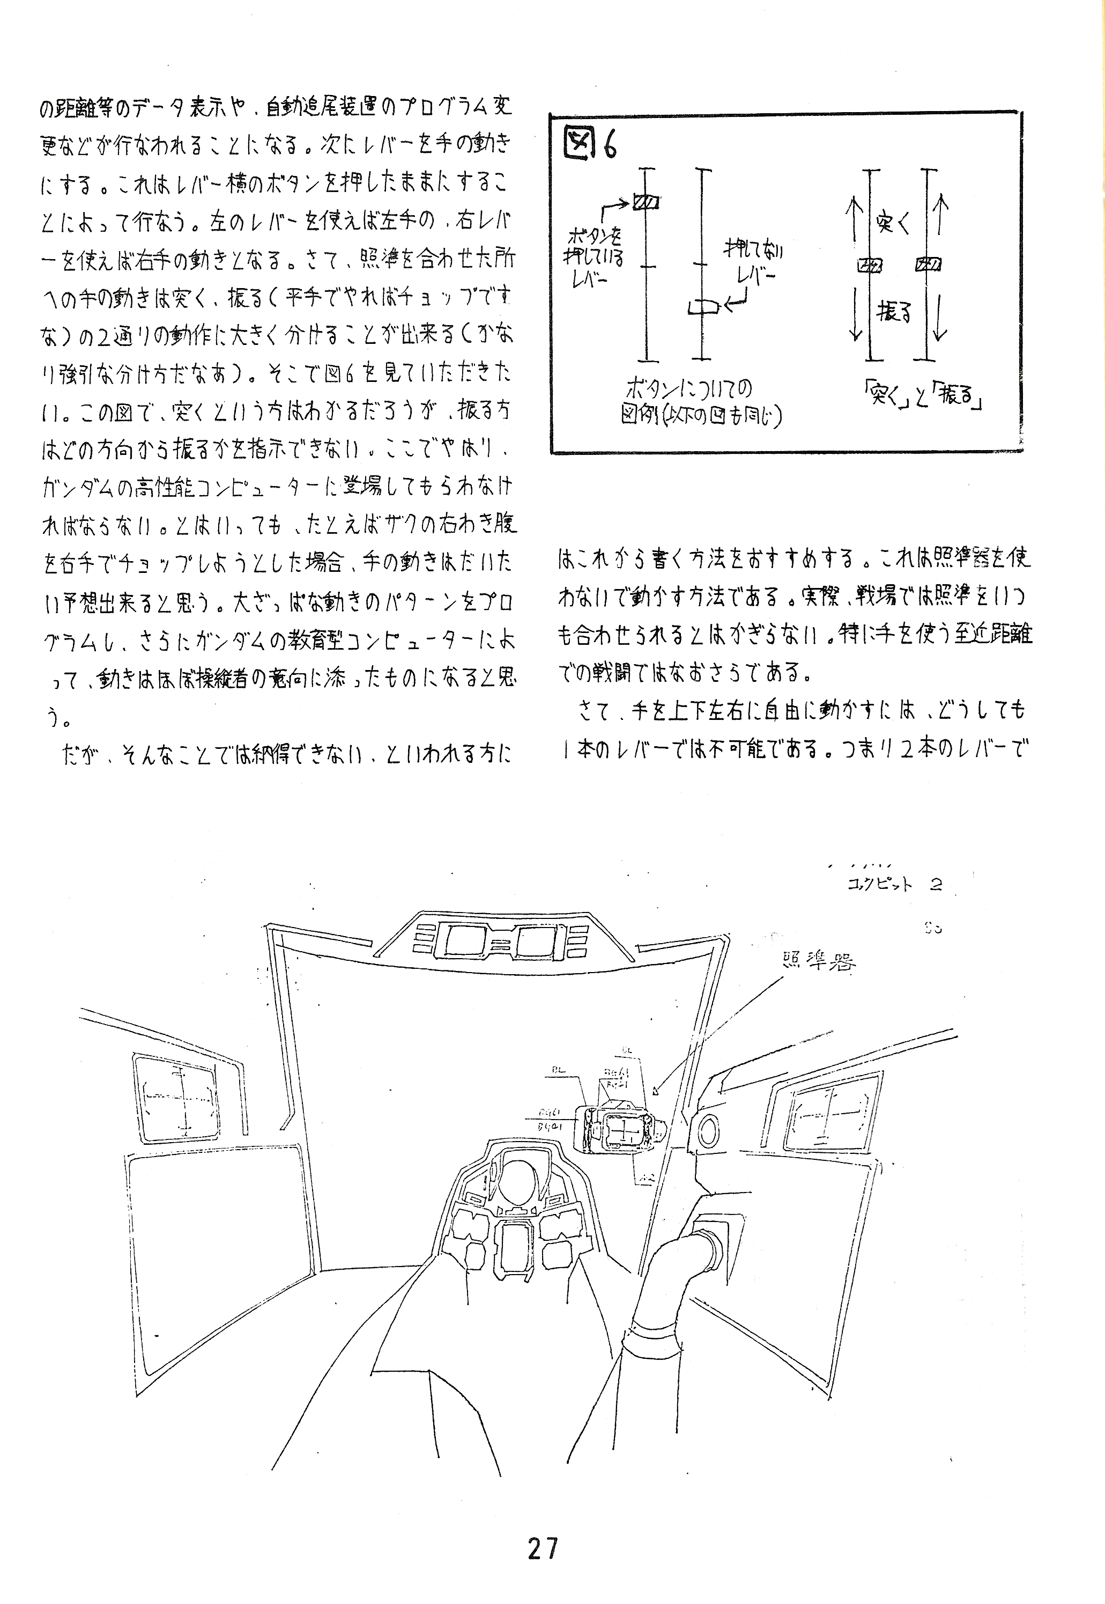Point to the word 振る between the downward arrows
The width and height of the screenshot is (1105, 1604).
point(894,312)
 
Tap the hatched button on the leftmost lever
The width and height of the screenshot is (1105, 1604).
point(647,202)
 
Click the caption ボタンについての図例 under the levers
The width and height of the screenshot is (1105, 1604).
point(701,402)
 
